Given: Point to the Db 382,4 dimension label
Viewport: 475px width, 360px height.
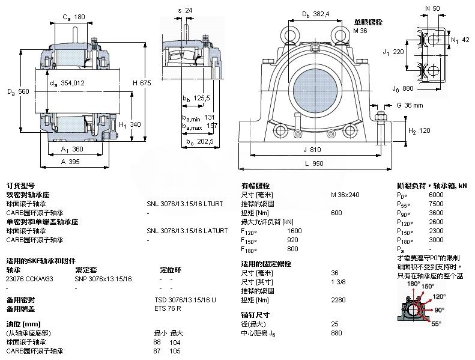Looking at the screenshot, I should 315,14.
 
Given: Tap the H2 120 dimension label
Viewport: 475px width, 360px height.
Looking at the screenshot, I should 420,130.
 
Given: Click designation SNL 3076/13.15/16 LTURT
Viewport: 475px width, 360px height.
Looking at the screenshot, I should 184,204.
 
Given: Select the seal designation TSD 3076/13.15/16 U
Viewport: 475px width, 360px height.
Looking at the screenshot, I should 184,299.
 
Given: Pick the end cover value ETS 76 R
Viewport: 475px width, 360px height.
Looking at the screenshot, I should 168,308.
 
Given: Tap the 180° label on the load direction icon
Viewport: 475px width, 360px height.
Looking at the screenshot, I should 413,284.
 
